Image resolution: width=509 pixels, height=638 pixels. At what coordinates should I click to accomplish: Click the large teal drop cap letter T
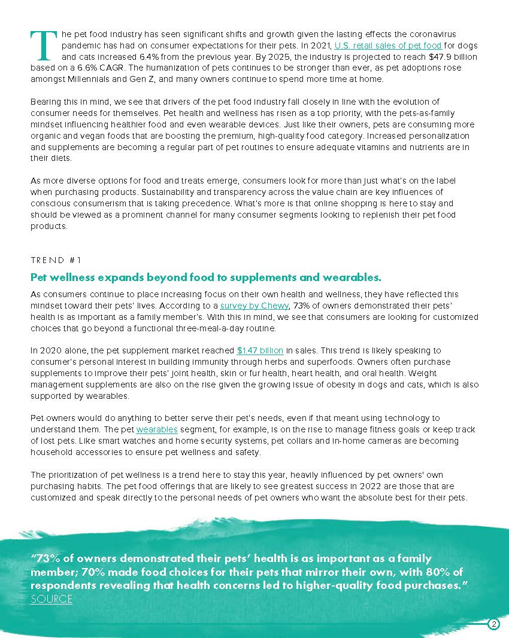point(44,46)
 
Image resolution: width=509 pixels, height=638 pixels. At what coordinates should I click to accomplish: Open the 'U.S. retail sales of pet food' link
point(388,45)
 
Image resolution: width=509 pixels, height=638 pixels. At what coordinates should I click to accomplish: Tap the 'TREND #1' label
point(56,260)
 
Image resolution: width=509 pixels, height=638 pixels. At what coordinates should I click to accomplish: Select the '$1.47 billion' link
point(260,350)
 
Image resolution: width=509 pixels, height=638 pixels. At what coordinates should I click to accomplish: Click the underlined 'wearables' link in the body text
point(157,429)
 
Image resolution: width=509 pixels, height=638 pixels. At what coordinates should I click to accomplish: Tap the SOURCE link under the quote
point(51,599)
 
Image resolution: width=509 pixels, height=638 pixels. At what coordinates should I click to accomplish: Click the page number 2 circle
point(493,624)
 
